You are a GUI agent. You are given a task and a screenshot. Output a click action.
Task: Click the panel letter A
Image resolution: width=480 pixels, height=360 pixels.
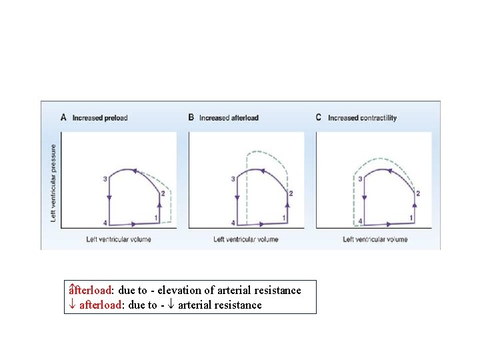(x=63, y=117)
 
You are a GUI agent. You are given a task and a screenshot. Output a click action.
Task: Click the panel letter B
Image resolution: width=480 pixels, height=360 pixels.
(x=191, y=117)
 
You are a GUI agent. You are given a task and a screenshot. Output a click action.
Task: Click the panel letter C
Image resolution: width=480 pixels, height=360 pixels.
(x=318, y=117)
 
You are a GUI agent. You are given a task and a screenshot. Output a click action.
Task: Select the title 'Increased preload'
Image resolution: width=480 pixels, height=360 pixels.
(x=99, y=118)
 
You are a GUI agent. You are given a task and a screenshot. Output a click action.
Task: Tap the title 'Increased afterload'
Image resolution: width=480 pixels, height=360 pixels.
(x=229, y=118)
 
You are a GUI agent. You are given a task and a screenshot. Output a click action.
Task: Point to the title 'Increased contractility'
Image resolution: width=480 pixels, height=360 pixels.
(x=362, y=118)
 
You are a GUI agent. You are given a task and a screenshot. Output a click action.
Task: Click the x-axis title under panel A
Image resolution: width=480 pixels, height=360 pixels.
(x=119, y=239)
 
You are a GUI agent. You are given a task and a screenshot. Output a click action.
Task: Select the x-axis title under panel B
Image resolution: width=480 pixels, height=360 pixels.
(x=246, y=239)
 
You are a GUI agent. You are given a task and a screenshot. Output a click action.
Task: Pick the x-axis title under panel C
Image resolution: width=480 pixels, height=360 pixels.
(x=375, y=239)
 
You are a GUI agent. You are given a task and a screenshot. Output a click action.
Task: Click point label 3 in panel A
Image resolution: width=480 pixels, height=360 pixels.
(x=105, y=179)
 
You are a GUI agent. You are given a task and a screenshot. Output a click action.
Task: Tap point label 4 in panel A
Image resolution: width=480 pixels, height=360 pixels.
(x=105, y=222)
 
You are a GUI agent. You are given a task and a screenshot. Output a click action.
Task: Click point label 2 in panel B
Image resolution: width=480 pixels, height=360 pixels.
(x=290, y=193)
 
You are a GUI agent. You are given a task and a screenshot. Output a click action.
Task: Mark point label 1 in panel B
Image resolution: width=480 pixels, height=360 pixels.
(x=284, y=218)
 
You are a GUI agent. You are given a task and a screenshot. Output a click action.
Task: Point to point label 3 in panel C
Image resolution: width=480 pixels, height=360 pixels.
(x=360, y=179)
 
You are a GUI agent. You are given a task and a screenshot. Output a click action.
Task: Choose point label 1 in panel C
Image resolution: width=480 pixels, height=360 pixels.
(x=411, y=218)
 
